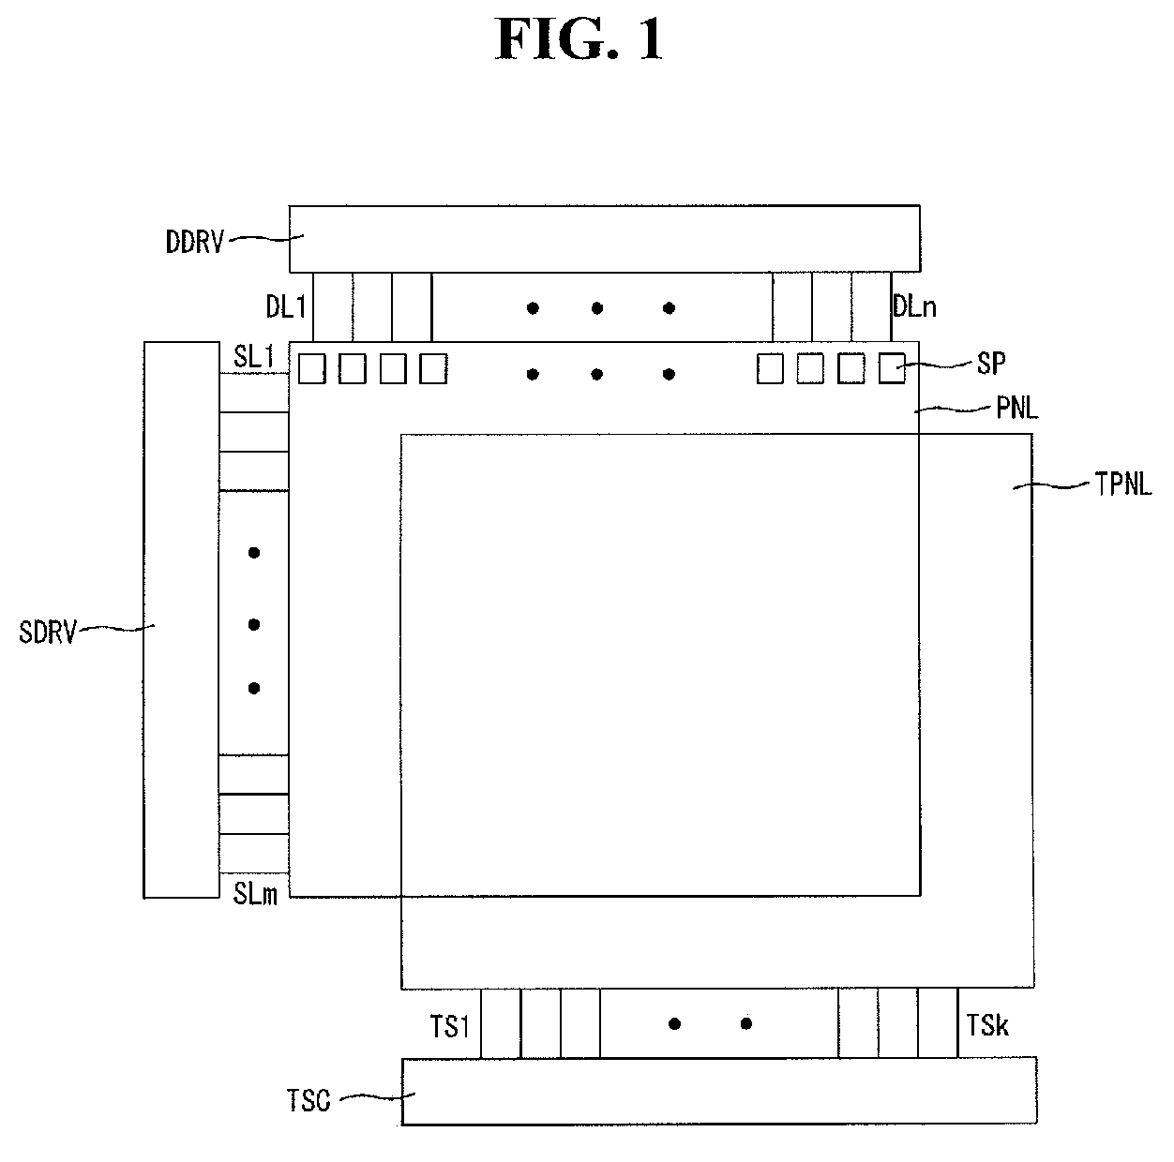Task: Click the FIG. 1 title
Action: tap(579, 40)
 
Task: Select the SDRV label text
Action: tap(47, 632)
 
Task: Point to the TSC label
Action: tap(309, 1099)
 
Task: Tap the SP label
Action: tap(991, 364)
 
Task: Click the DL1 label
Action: tap(285, 306)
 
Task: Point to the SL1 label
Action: tap(253, 357)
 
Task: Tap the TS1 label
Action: tap(450, 1028)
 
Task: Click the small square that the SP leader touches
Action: tap(892, 368)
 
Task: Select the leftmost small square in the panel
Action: tap(312, 368)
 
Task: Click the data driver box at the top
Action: tap(604, 238)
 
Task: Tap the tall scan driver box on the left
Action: tap(181, 618)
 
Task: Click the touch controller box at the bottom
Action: tap(719, 1090)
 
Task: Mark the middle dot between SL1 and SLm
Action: tap(254, 624)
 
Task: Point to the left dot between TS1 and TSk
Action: tap(674, 1023)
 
